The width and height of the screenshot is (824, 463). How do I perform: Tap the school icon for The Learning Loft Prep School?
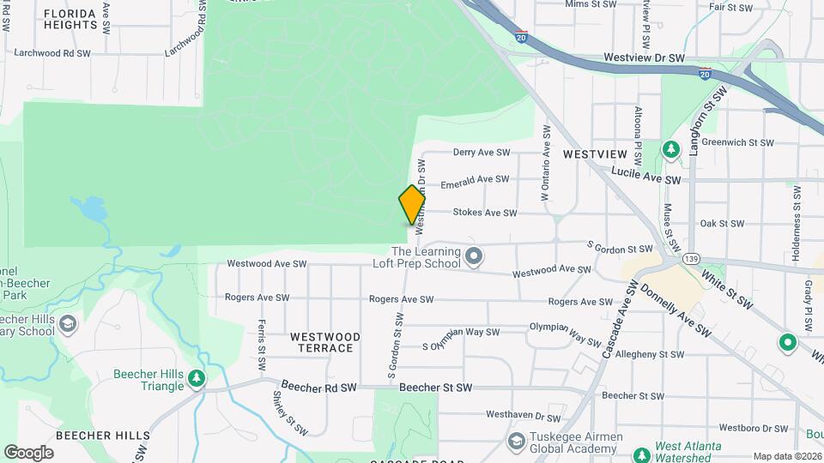(473, 256)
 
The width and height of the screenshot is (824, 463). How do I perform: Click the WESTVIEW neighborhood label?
(596, 154)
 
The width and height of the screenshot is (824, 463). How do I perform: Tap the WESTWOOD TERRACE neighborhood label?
(322, 342)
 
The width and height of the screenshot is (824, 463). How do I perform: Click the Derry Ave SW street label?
(482, 153)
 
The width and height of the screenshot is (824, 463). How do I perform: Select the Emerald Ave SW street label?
(475, 180)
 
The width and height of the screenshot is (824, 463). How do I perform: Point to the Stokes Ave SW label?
(485, 213)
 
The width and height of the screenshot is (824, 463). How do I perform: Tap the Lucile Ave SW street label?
(646, 176)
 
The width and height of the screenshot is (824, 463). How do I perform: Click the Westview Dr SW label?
(644, 58)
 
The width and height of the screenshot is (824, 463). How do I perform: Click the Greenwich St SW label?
(738, 143)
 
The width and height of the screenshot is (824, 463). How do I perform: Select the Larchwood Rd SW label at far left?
(52, 53)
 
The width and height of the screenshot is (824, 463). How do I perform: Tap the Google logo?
(28, 452)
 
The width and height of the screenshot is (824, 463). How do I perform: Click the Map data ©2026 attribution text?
(786, 456)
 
